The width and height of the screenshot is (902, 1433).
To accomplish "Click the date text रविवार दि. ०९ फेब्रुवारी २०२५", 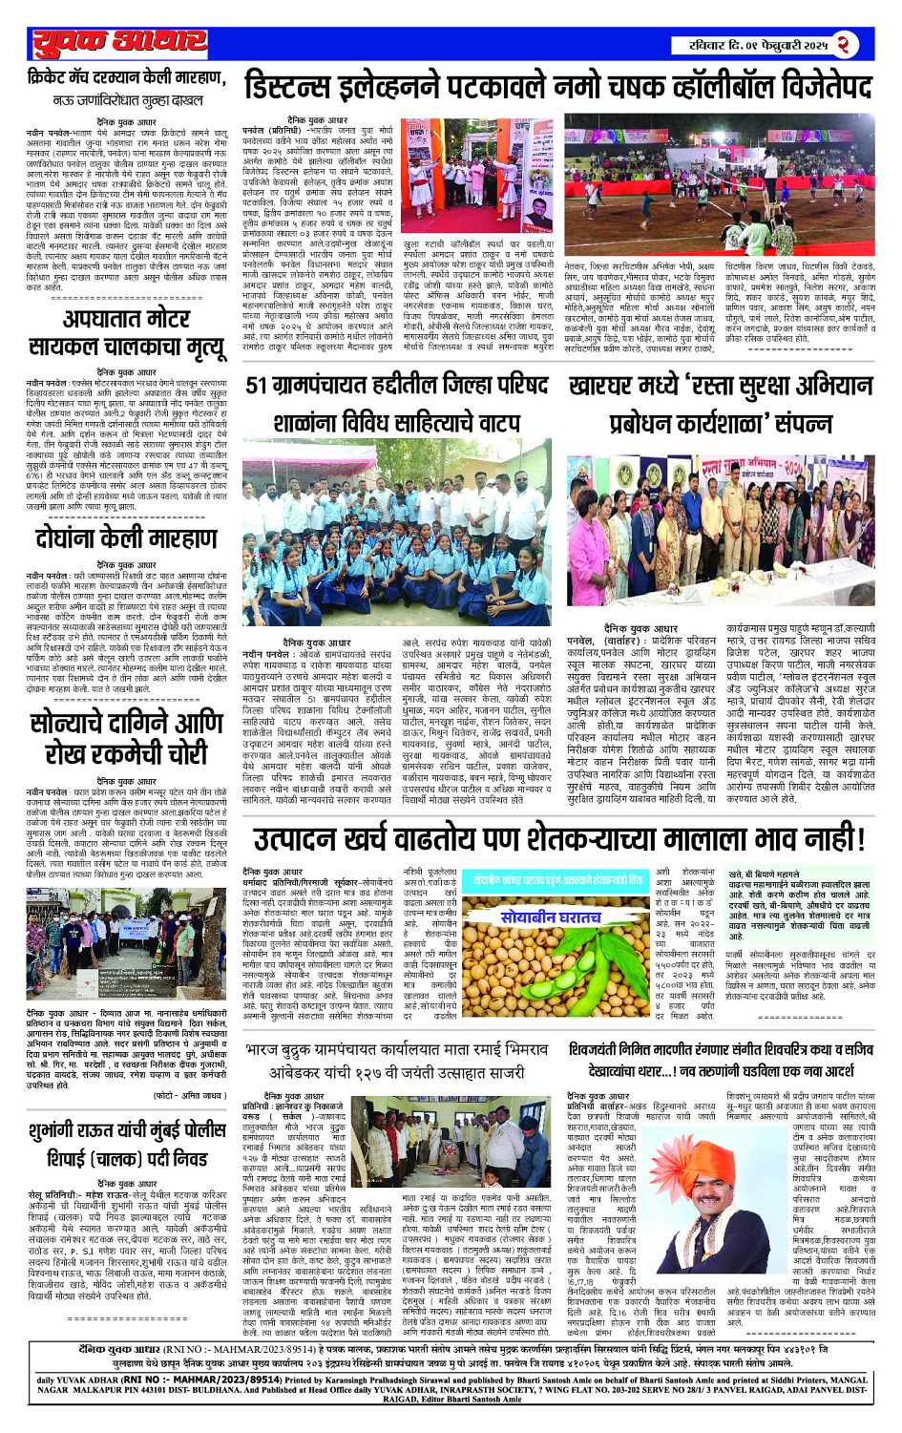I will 760,45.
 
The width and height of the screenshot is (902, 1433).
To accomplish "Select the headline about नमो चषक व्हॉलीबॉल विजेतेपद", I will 557,87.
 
